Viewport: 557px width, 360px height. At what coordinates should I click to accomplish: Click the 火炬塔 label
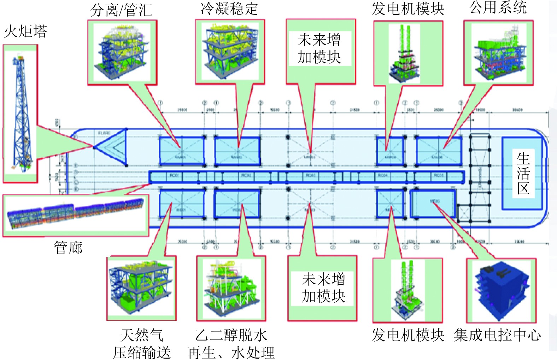click(25, 31)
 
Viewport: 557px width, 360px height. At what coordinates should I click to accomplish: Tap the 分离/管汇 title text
click(121, 10)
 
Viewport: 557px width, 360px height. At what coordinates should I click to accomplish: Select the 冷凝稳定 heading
click(229, 8)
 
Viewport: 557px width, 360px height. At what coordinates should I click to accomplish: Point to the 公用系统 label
click(498, 7)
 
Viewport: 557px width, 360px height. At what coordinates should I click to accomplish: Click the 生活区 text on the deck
click(523, 173)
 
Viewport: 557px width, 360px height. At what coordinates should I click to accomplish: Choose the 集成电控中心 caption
click(497, 335)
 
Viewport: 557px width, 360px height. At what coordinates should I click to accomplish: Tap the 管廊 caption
click(68, 248)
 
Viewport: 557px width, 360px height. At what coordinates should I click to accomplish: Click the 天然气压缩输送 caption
click(142, 343)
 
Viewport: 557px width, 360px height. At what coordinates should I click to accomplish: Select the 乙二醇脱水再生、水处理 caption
click(231, 343)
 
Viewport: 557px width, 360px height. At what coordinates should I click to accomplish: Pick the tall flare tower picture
click(20, 113)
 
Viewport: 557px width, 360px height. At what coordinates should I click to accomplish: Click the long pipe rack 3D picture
click(76, 214)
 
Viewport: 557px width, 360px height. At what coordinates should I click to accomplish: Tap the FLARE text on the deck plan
click(104, 133)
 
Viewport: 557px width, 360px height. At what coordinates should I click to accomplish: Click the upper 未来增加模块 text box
click(319, 48)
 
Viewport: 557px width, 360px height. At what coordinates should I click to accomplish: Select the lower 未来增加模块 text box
click(323, 288)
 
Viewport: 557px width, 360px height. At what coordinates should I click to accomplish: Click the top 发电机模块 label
click(408, 9)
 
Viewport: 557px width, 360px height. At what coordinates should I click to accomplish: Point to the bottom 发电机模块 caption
click(408, 335)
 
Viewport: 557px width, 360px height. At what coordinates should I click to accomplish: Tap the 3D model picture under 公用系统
click(498, 53)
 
